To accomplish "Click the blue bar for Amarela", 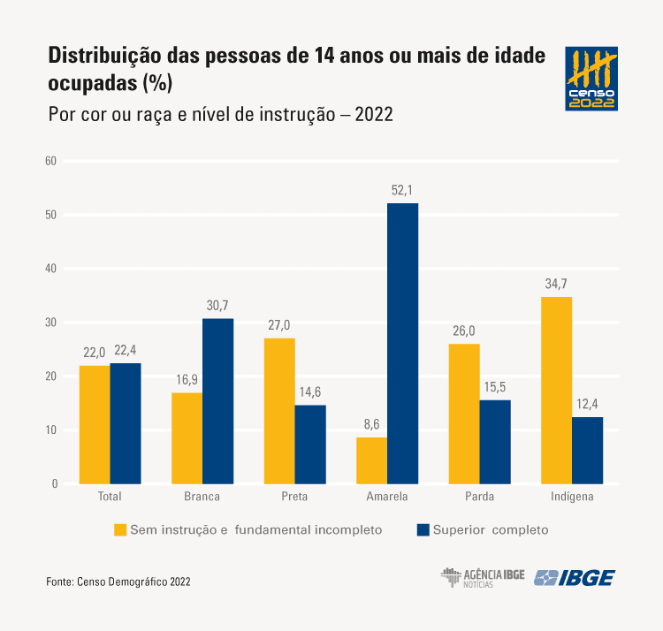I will (x=403, y=344).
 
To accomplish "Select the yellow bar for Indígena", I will (x=557, y=391).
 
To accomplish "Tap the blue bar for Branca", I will (x=218, y=401).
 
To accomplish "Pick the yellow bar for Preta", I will (x=279, y=411).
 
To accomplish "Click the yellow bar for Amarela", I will (x=372, y=460).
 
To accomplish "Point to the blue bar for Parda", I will (x=495, y=442).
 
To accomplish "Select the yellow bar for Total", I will (x=95, y=424).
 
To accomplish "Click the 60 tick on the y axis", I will (x=50, y=161).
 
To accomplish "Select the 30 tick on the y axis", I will (x=50, y=323).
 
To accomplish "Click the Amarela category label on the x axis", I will (x=387, y=497).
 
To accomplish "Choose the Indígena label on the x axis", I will (x=572, y=497).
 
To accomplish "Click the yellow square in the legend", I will (x=119, y=530).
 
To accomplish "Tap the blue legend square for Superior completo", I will (x=423, y=530).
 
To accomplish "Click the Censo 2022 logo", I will (x=591, y=79).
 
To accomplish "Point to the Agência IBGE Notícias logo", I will (x=483, y=578).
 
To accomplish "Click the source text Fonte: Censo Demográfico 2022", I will (x=118, y=582).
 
